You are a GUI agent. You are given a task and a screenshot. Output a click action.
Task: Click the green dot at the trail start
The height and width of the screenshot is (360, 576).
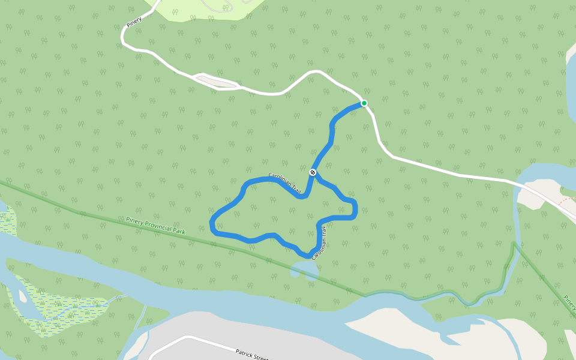(364, 103)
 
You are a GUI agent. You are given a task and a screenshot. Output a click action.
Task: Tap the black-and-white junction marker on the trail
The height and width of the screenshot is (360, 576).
(313, 172)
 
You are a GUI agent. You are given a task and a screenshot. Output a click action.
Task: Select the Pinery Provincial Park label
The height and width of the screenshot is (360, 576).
(156, 225)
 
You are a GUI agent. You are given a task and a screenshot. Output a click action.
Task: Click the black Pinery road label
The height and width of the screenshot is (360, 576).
(134, 21)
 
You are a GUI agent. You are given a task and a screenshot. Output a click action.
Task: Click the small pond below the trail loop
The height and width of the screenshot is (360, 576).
(304, 269)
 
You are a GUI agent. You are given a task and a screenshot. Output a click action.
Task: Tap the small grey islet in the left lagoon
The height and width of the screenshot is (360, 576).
(23, 296)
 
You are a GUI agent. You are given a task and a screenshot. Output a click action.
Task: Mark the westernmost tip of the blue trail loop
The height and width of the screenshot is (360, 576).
(212, 224)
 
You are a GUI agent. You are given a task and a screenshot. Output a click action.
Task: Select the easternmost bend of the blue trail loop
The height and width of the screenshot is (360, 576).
(356, 209)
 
